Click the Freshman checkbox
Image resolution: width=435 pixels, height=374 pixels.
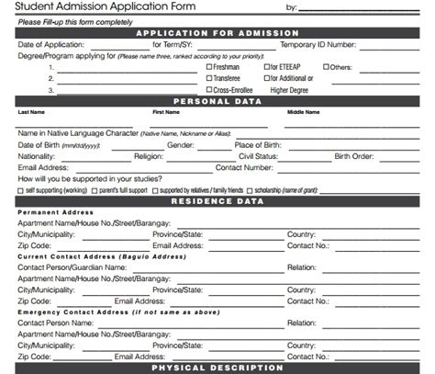coord(210,67)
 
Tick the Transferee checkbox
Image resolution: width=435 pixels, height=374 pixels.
coord(210,79)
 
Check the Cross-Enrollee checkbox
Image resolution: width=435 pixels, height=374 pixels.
coord(210,90)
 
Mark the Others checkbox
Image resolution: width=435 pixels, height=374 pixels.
coord(326,67)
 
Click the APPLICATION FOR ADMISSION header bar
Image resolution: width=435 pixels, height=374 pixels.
coord(217,33)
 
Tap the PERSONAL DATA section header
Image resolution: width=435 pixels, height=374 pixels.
coord(217,101)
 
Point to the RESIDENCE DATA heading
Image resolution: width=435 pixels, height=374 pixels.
coord(217,199)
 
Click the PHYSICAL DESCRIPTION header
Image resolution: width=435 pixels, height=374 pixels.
coord(217,368)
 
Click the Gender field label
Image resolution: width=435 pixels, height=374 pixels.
coord(180,144)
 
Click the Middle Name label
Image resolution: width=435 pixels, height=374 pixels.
coord(304,113)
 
